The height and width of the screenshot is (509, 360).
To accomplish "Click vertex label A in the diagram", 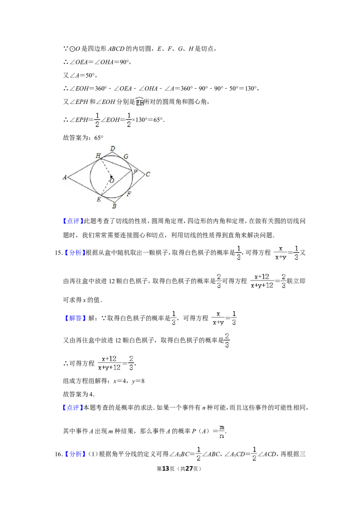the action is tap(65, 178).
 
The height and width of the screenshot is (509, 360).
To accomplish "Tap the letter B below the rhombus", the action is tap(114, 206).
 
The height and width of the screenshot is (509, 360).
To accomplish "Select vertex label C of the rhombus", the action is tap(148, 174).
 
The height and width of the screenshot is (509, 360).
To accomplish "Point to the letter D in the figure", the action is tap(112, 148).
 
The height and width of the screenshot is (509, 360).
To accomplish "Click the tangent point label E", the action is tap(98, 199).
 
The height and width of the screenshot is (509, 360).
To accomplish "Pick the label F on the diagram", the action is tap(129, 194).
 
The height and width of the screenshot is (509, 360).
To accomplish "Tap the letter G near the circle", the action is tap(126, 156).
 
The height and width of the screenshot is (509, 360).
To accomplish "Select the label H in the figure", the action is tap(98, 156).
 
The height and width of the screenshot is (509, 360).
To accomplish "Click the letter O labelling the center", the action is tap(112, 180).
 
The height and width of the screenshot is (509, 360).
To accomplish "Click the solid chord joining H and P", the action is tap(116, 164).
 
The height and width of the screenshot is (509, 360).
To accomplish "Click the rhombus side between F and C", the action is tap(136, 186).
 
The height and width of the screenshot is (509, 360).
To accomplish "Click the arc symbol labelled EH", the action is tap(139, 102).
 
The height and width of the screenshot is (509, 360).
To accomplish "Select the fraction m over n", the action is tap(221, 431).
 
